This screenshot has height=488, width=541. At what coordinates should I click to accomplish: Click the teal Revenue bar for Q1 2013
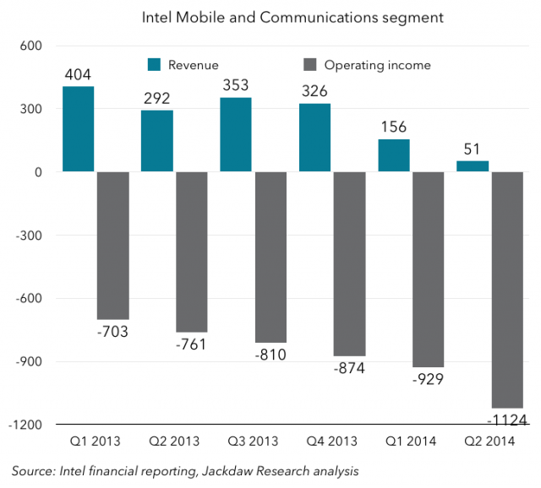pos(78,129)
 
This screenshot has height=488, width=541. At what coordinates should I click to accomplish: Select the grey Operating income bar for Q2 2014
pos(508,290)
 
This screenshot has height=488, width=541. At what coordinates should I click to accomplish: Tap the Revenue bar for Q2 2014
pos(472,166)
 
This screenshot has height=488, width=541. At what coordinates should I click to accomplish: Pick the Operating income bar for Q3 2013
pos(271,258)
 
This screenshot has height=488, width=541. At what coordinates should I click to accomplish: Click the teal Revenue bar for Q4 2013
pos(314,138)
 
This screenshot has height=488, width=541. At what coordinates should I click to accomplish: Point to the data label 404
pos(78,75)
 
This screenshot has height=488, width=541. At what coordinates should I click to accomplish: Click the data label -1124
pos(509,420)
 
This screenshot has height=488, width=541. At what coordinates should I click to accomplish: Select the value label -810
pos(270,354)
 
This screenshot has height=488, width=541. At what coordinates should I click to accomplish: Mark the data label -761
pos(192,344)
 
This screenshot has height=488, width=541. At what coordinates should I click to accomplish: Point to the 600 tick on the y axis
pos(31,46)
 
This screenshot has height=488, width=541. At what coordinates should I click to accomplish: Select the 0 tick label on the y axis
pos(37,172)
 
